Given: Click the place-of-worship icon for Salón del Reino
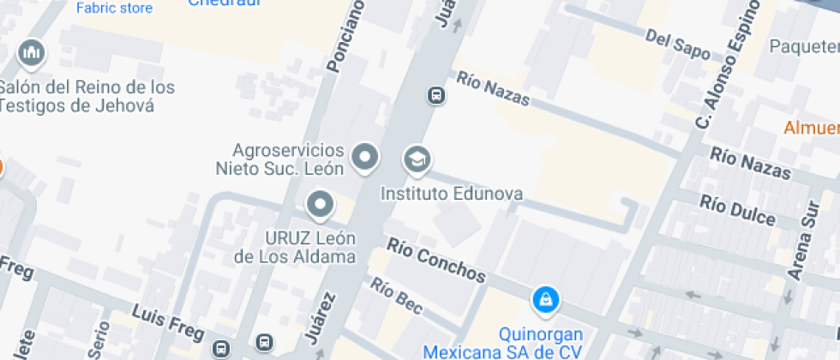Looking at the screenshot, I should click(x=33, y=53).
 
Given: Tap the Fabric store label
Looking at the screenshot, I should click(x=114, y=9).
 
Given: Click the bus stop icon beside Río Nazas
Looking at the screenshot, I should click(x=436, y=94).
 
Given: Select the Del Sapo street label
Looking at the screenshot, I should click(x=677, y=45).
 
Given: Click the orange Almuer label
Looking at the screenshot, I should click(x=811, y=128).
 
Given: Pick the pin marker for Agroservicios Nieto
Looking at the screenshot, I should click(x=365, y=157).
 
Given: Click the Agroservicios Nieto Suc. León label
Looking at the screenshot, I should click(x=279, y=159).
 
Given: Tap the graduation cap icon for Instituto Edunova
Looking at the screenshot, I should click(x=417, y=159).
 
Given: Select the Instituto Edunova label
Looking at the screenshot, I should click(x=452, y=194).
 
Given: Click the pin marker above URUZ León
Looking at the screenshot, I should click(x=321, y=204).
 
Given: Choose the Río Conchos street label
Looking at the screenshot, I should click(x=436, y=260).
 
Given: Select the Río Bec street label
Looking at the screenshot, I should click(x=397, y=296).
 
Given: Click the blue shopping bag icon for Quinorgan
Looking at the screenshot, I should click(x=545, y=299).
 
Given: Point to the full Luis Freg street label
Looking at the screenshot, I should click(x=168, y=322).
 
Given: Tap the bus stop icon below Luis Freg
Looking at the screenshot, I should click(x=221, y=348).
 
